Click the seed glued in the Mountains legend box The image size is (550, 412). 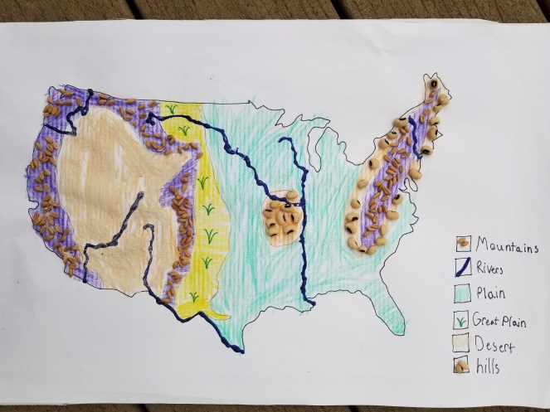point(462,244)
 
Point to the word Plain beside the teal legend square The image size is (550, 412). point(493,293)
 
